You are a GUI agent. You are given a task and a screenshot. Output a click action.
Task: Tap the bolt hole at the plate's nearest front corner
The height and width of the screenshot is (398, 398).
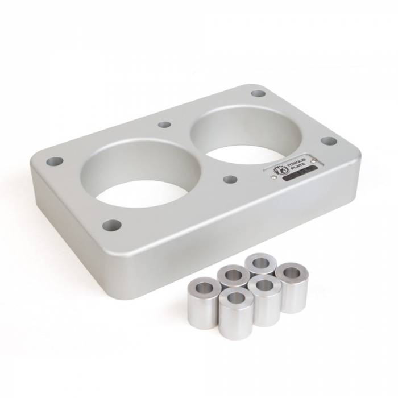click(112, 225)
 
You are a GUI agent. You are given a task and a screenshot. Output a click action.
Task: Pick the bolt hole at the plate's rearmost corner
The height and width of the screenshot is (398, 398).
click(258, 93)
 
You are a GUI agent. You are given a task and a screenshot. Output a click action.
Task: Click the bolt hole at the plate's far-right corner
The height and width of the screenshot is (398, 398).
click(329, 140)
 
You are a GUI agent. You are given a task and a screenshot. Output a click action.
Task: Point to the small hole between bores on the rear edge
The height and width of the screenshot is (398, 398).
click(164, 124)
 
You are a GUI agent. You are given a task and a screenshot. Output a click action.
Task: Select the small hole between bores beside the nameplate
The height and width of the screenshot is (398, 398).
click(230, 179)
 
